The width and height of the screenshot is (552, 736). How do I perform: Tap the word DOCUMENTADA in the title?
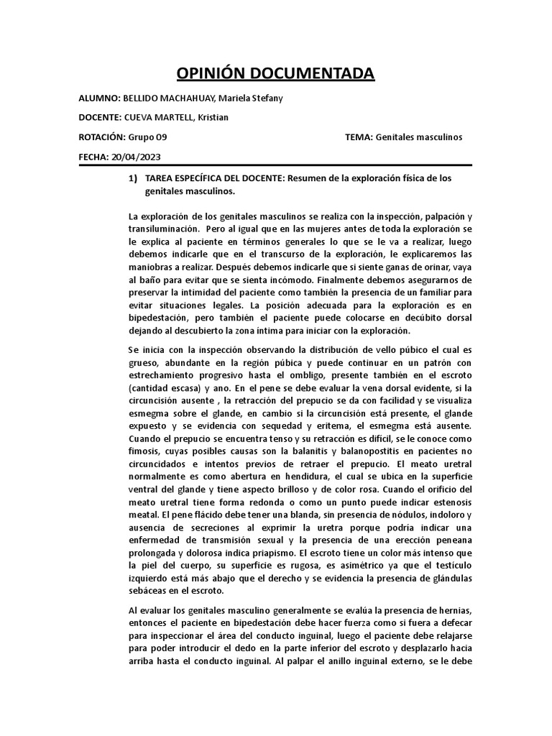point(317,73)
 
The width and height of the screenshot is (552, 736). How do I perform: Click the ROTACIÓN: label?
point(102,137)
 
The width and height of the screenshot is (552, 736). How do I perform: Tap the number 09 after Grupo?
point(161,137)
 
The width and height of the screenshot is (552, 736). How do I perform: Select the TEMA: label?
point(359,137)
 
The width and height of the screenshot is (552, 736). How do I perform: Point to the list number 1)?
point(132,178)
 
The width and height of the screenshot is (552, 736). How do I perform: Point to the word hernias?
point(453,609)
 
